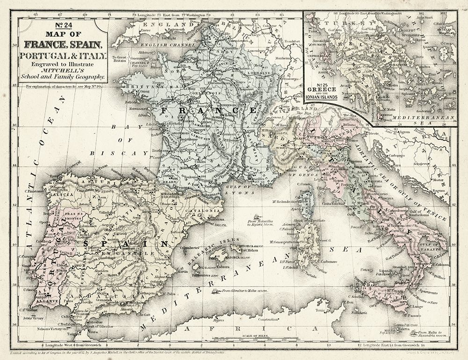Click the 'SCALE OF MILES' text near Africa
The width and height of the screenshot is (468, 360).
pyautogui.click(x=256, y=335)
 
